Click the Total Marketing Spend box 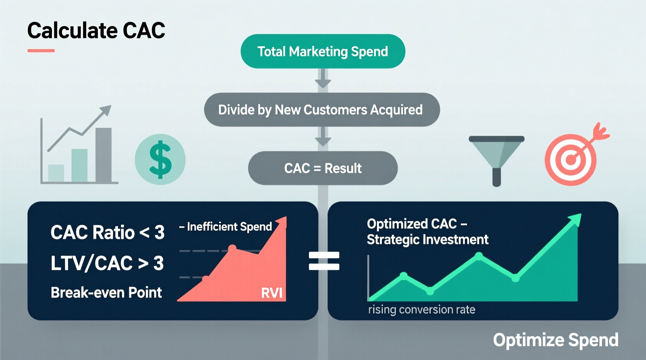[323, 52]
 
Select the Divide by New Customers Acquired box [321, 110]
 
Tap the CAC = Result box [323, 168]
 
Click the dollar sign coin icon [160, 159]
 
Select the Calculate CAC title [96, 31]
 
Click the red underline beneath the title [41, 50]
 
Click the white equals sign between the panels [324, 261]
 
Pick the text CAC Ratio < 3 [107, 233]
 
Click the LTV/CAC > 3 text [107, 263]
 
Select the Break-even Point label [106, 292]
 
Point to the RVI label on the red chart [271, 293]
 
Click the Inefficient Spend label [229, 227]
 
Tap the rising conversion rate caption [422, 310]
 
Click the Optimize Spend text [556, 340]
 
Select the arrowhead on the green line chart [575, 219]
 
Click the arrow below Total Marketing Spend [323, 80]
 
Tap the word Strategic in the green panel [392, 240]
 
